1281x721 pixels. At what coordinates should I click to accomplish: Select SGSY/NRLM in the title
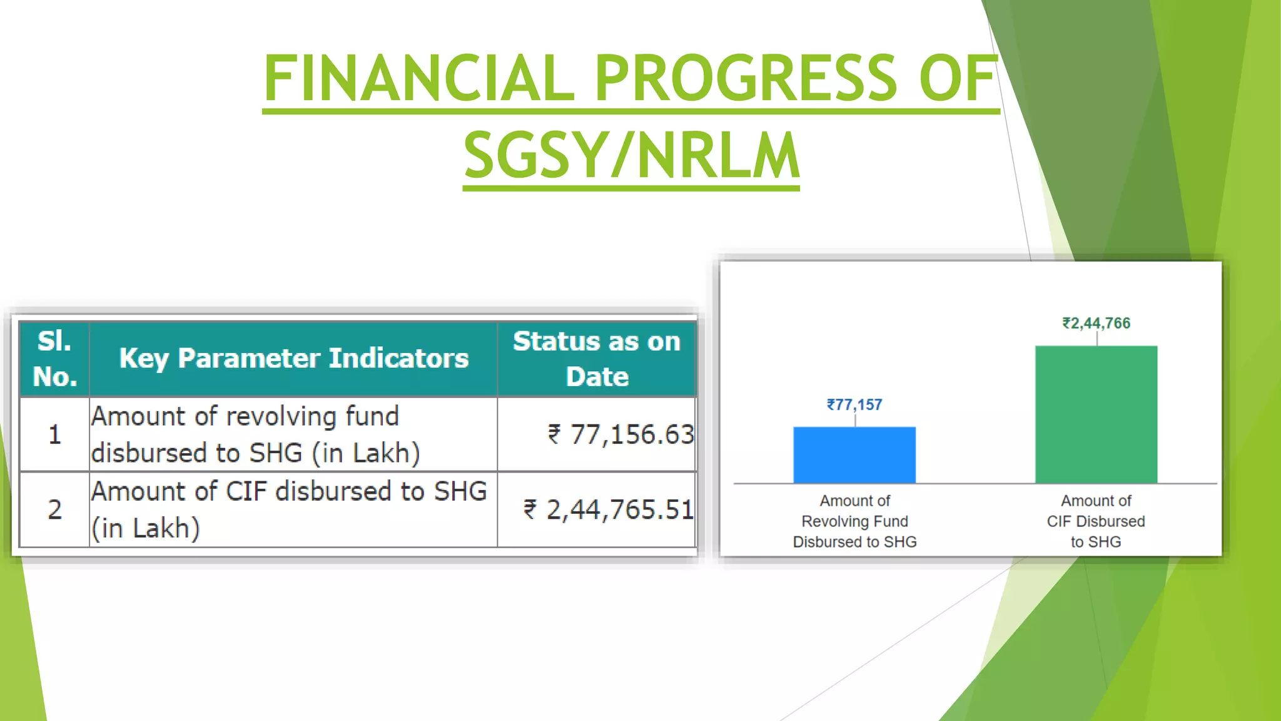631,155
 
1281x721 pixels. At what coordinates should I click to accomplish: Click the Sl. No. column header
54,359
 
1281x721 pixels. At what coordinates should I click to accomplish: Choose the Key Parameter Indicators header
293,359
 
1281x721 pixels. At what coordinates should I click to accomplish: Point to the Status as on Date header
597,359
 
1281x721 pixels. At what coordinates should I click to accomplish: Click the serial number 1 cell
54,434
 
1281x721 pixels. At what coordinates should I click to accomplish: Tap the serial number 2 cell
54,509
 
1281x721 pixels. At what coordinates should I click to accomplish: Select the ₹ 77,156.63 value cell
620,434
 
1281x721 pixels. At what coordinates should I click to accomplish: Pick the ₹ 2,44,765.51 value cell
608,509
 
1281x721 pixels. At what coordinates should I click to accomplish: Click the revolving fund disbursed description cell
255,434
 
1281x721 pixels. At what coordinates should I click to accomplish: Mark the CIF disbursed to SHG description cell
288,509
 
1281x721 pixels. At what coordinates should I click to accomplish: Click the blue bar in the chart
854,455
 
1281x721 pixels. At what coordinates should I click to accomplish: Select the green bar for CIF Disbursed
1096,414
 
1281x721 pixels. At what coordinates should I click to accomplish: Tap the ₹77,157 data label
854,405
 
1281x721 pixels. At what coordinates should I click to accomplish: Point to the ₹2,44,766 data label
1096,324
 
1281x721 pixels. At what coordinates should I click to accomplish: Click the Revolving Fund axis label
854,521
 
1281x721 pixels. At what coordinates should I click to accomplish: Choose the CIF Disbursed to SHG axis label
1096,521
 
